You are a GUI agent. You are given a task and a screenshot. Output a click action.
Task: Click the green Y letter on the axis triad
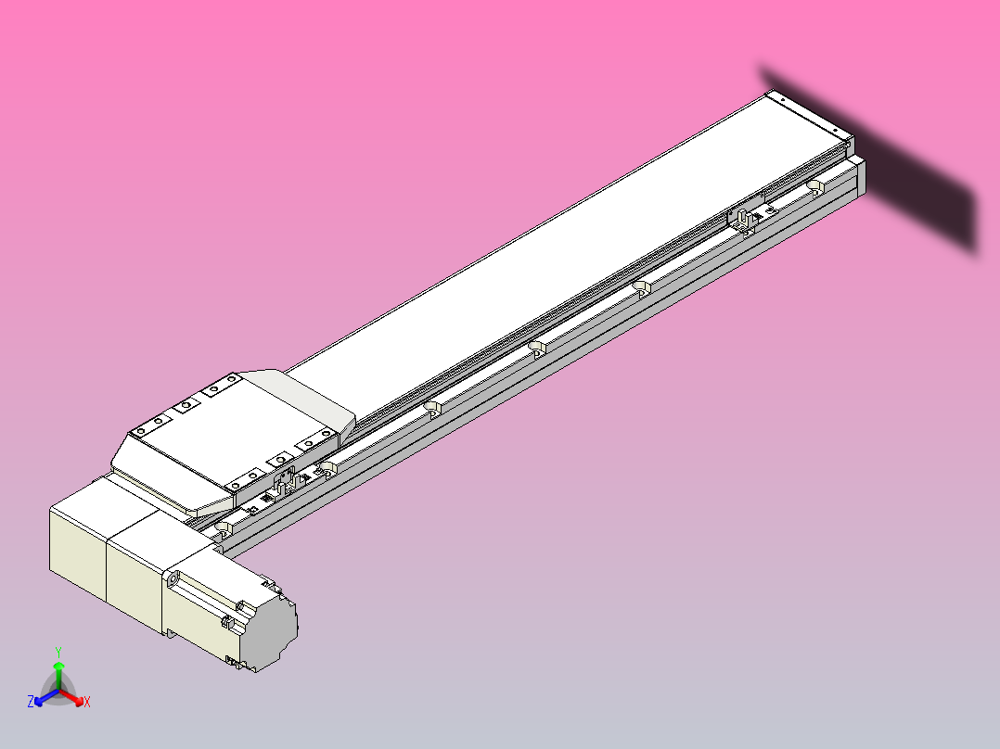click(58, 652)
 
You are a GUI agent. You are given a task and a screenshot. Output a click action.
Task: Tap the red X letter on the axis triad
click(87, 703)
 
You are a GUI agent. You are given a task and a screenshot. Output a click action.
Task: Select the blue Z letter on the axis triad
click(31, 703)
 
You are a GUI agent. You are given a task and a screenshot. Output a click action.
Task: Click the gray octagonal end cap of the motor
click(275, 634)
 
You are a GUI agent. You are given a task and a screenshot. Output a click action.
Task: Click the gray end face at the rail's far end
click(862, 177)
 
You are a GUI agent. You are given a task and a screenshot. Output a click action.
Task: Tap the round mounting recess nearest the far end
click(814, 188)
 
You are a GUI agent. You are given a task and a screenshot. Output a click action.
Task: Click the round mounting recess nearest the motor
click(222, 529)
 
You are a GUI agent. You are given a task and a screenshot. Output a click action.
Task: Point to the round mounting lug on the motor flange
click(173, 580)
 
